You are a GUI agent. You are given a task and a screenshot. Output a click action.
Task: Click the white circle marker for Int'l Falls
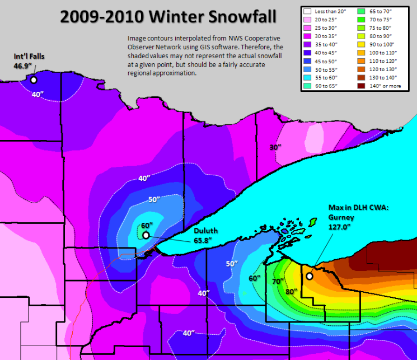tap(34, 80)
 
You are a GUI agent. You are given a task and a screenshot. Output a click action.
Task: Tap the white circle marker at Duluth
tap(146, 236)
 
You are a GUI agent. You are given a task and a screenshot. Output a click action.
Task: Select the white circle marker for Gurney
tap(309, 276)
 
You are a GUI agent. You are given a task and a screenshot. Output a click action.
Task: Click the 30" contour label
tap(274, 147)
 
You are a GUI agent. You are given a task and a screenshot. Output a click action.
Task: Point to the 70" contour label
tap(277, 282)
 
